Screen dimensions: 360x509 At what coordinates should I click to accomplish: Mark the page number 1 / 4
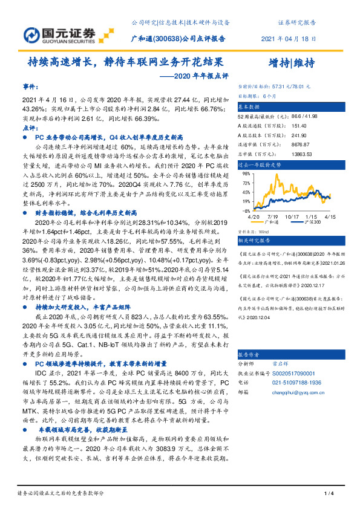(x=330, y=494)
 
